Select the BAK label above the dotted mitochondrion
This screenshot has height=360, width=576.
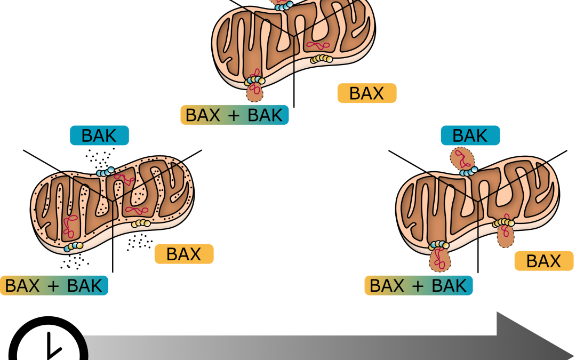pyautogui.click(x=99, y=135)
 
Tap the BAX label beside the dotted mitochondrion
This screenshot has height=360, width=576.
pyautogui.click(x=183, y=254)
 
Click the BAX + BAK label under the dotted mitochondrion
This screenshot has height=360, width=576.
pyautogui.click(x=54, y=285)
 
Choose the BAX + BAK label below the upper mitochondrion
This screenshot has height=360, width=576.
pyautogui.click(x=234, y=115)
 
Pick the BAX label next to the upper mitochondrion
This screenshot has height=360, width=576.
pyautogui.click(x=366, y=93)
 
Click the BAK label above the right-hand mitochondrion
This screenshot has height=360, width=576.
pyautogui.click(x=470, y=135)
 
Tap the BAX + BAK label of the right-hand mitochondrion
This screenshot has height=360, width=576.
pyautogui.click(x=418, y=285)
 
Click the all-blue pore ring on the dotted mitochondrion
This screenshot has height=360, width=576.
pyautogui.click(x=105, y=172)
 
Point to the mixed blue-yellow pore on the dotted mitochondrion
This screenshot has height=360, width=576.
pyautogui.click(x=74, y=246)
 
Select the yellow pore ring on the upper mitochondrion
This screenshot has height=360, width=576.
pyautogui.click(x=322, y=59)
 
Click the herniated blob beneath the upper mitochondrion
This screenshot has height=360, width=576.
pyautogui.click(x=254, y=93)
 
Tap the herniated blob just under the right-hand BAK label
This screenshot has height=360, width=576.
pyautogui.click(x=461, y=159)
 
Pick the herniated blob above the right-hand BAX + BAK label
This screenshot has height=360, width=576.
pyautogui.click(x=439, y=260)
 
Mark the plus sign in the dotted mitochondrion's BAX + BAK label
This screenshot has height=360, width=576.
pyautogui.click(x=53, y=285)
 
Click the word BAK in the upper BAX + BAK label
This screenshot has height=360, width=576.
pyautogui.click(x=265, y=115)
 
